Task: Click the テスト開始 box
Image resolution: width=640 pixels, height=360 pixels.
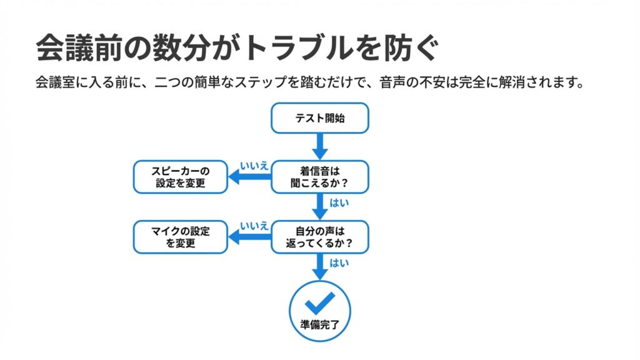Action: click(x=319, y=118)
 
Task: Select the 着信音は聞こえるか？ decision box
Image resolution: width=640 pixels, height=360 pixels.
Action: click(x=319, y=177)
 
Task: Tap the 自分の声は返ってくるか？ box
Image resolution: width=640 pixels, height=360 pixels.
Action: click(x=319, y=237)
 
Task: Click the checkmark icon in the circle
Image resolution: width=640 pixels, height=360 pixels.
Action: click(x=319, y=303)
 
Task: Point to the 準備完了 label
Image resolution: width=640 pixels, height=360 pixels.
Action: click(x=319, y=324)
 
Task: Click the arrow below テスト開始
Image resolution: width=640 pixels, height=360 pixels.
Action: click(x=319, y=147)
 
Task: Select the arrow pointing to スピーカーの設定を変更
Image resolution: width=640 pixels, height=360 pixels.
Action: click(x=249, y=177)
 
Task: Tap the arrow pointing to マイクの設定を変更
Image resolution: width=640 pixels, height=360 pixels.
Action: click(x=249, y=237)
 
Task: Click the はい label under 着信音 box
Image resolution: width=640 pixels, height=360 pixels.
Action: click(x=339, y=202)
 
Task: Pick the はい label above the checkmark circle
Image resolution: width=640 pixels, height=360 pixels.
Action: click(x=339, y=263)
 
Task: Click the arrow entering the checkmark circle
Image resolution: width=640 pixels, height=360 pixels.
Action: click(x=319, y=267)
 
